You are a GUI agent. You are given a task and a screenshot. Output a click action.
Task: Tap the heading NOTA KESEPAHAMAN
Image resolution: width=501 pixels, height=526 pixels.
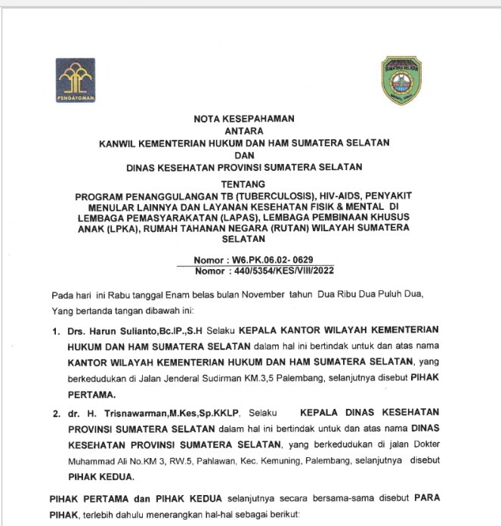point(243,119)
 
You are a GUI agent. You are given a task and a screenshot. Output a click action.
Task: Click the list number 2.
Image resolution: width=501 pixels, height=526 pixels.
point(55,414)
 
